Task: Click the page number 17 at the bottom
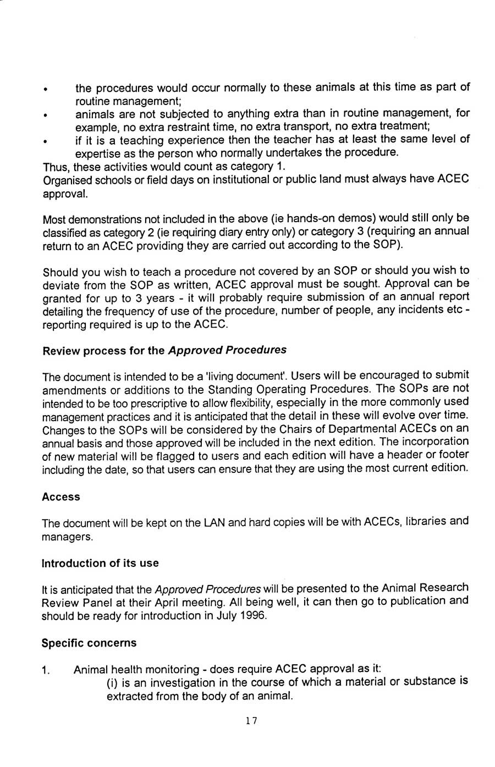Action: (251, 721)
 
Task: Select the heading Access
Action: (61, 497)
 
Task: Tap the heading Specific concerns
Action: (89, 643)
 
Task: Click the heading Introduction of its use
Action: (100, 563)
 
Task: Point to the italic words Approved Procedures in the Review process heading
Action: (227, 350)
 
